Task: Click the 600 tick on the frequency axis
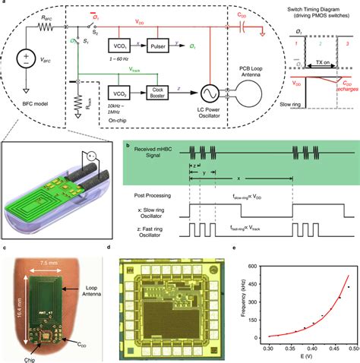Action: click(264, 267)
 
